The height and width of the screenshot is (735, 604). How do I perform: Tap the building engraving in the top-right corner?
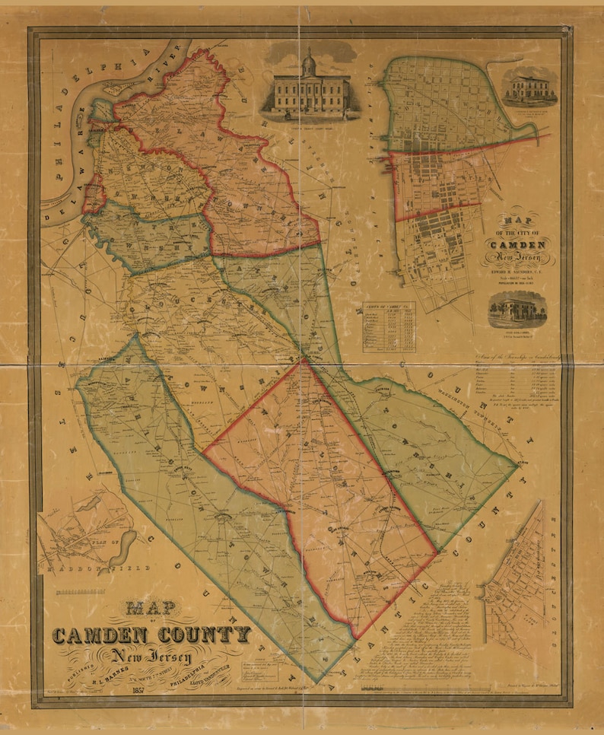click(x=529, y=88)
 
